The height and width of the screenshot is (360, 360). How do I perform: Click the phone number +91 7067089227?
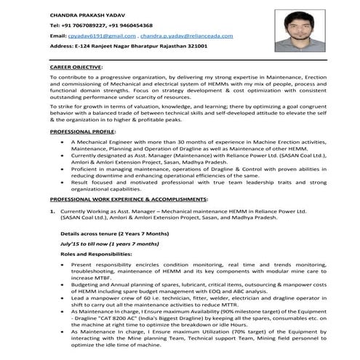click(x=86, y=25)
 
